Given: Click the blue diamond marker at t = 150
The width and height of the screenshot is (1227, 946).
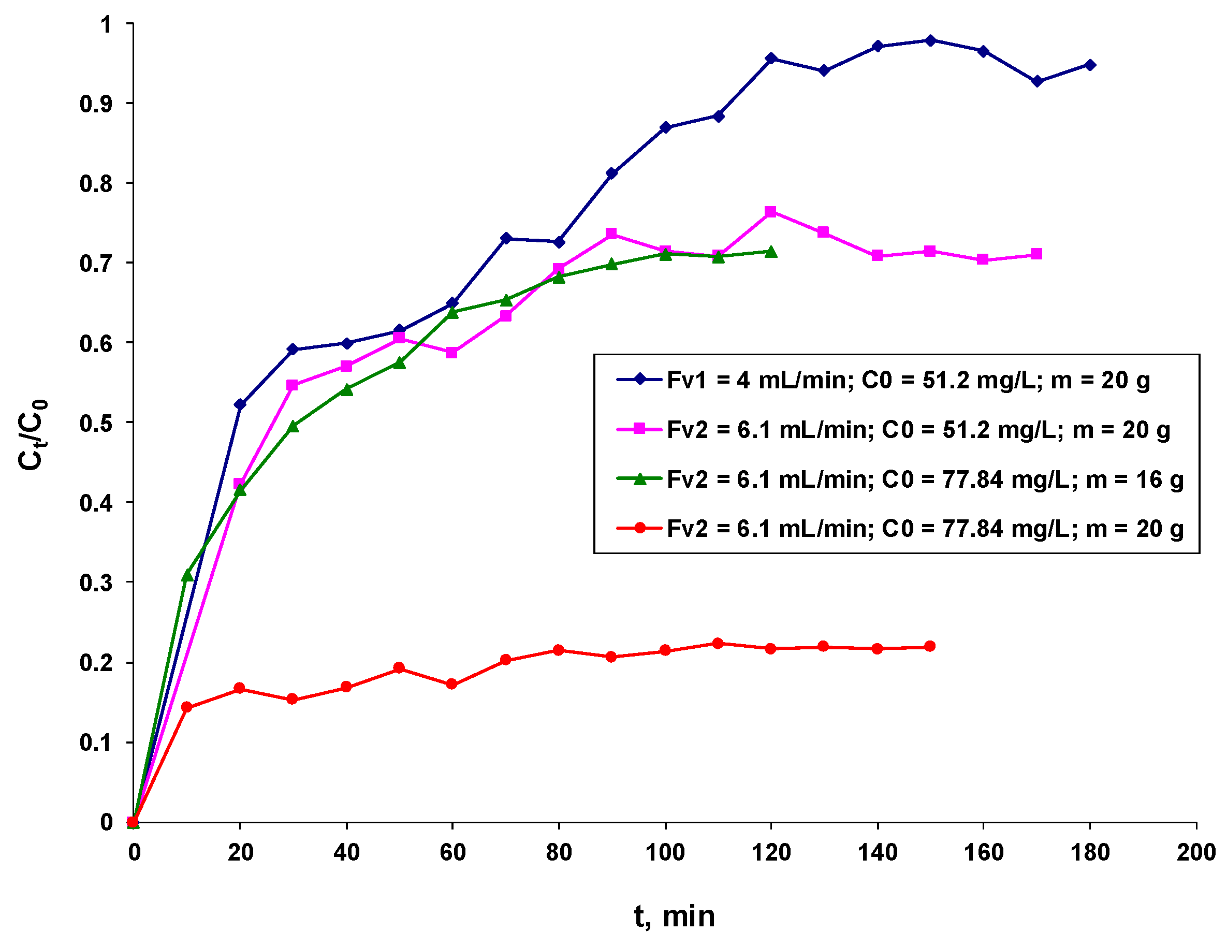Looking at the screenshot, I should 930,40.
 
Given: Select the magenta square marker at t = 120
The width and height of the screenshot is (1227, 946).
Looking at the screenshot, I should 771,212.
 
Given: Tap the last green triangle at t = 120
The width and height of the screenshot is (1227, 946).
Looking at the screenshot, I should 771,252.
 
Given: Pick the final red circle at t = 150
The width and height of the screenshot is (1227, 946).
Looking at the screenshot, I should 930,646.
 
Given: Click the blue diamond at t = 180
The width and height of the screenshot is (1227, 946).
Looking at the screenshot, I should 1090,65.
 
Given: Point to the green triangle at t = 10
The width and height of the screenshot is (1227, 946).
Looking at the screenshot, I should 187,575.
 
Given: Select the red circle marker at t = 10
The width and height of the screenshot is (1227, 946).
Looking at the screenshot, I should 186,707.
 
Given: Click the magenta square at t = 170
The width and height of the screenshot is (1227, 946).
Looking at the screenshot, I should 1036,254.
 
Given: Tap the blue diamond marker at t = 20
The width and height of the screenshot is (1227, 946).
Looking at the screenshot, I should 240,404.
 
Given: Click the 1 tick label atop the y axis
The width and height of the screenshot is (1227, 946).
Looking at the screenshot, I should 106,25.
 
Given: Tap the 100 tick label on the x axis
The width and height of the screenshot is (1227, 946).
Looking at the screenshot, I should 665,853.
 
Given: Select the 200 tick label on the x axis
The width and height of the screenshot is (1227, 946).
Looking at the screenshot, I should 1196,853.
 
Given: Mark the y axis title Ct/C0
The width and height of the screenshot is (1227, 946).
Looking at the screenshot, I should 32,434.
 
